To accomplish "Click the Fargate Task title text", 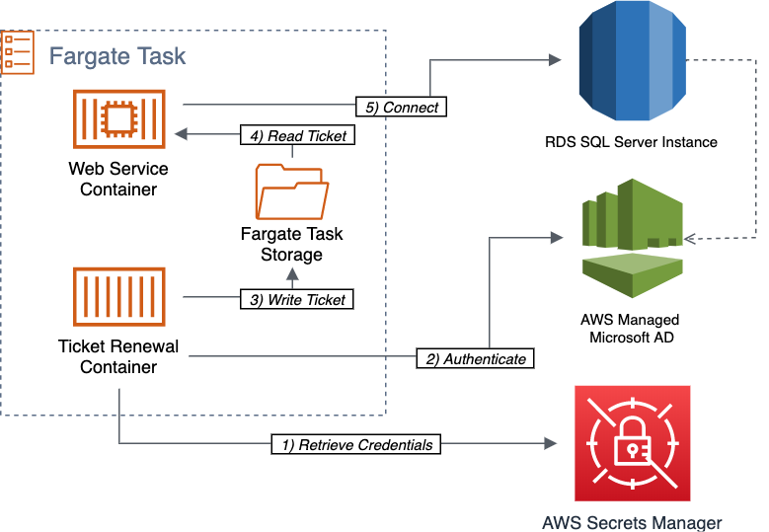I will click(117, 55).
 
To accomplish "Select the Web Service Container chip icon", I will click(117, 118).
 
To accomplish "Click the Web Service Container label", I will click(117, 179).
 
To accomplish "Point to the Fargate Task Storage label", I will click(291, 244).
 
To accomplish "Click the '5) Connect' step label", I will click(402, 106).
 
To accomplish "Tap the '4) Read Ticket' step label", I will click(295, 136).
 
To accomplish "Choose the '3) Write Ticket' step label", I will click(296, 298).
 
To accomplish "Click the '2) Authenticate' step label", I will click(475, 358).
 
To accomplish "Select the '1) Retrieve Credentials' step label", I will click(355, 444).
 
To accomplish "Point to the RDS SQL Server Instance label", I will click(631, 142).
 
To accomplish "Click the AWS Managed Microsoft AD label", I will click(630, 330).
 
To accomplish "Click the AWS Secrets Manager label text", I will click(632, 522).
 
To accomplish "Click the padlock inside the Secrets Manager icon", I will click(632, 446).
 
